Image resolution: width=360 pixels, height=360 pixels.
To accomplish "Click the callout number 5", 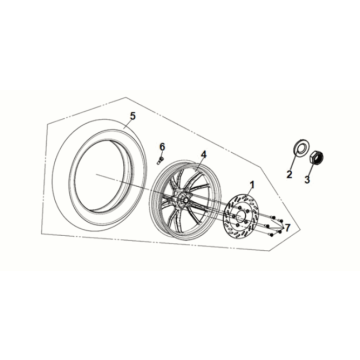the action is coord(133,116).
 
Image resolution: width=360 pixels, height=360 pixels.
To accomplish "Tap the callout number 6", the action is coord(162,146).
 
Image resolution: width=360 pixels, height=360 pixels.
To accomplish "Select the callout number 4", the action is coord(203,155).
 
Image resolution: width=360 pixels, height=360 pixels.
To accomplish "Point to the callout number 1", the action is coord(252,185).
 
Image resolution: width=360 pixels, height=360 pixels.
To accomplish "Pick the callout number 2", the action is coord(289,174).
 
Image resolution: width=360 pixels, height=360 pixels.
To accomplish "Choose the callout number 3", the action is coord(307,179).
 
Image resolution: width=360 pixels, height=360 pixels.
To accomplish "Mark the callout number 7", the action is coord(287,228).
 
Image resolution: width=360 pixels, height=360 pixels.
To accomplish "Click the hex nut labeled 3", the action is coord(317,157).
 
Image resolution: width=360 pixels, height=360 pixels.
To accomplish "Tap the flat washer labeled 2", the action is coord(301,147).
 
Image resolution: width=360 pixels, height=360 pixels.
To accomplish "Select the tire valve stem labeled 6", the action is coord(160,160).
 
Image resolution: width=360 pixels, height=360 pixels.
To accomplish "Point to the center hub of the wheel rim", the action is coord(183,200).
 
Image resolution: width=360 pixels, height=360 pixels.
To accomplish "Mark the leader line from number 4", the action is coord(200,165).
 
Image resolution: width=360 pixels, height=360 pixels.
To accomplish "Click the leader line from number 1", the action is coord(249,193).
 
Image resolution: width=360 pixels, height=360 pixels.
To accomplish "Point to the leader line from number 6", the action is coord(161,154).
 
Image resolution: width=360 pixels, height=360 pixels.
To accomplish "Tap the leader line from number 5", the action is coord(128,124).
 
